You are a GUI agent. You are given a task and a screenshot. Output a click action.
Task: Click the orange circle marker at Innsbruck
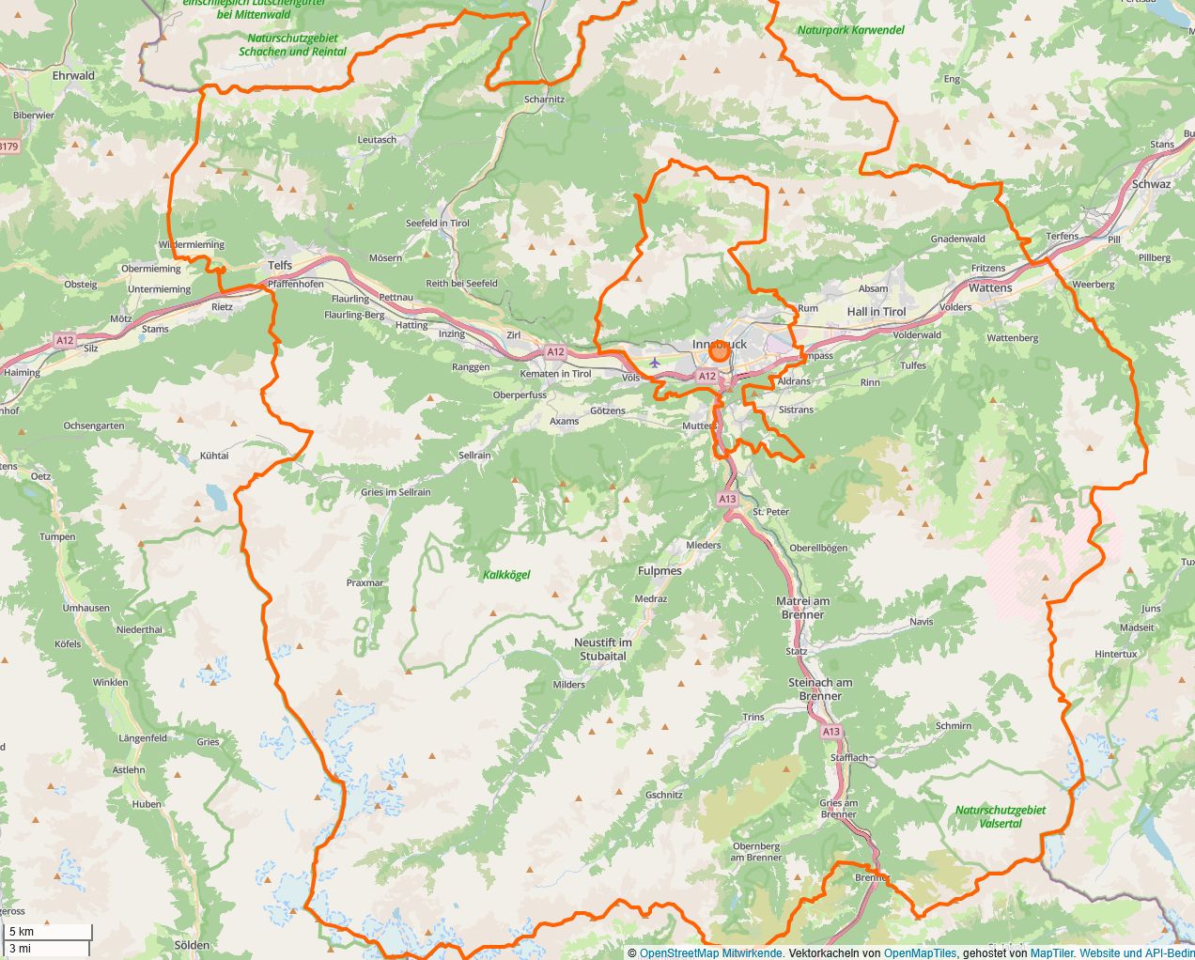720,351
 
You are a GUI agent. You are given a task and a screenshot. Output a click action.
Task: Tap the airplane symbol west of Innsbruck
655,363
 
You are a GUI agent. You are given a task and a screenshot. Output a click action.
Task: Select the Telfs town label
280,266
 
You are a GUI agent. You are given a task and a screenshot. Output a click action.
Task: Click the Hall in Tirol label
877,312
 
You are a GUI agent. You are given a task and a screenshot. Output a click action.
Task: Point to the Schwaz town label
1151,184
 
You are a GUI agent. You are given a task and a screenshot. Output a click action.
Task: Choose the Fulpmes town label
660,571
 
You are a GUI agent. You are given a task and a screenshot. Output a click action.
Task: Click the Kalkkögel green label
506,575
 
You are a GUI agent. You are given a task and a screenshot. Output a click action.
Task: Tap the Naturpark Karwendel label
850,30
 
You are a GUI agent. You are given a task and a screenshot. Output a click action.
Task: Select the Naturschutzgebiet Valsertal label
1001,816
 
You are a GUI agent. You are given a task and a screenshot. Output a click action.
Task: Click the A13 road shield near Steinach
830,732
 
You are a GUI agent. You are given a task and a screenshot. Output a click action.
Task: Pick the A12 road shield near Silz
64,341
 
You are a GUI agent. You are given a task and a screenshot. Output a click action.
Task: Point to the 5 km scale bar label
22,932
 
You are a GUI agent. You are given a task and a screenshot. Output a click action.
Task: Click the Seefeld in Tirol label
437,224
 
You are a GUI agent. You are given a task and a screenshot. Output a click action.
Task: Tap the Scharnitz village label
545,99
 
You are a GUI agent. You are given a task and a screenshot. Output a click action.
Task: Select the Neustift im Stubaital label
603,649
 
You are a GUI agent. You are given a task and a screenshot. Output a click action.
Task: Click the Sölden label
193,945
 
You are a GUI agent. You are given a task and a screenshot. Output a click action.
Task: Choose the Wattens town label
990,288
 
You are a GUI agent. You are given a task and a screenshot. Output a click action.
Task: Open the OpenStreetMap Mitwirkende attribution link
710,953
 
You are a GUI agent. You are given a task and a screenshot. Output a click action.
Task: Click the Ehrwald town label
73,75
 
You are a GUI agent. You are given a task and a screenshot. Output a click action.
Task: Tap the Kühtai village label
214,456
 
